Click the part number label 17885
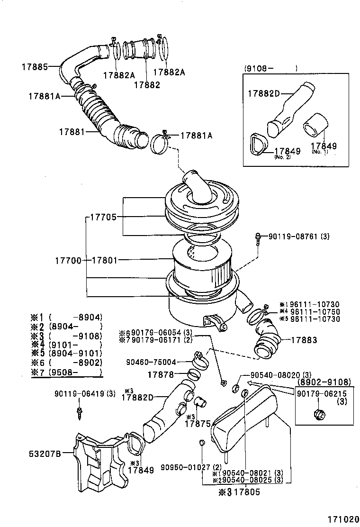tap(35, 67)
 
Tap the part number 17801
tap(104, 260)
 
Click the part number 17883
tap(304, 340)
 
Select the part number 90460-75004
tap(151, 362)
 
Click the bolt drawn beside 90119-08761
tap(258, 238)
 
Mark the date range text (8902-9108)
tap(324, 382)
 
